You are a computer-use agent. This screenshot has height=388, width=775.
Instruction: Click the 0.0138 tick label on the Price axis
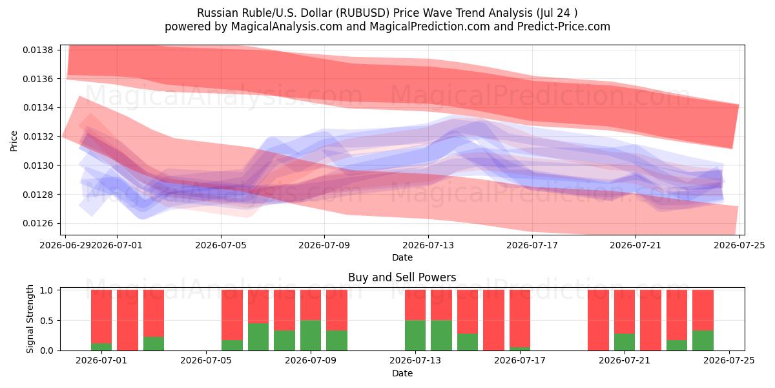coord(38,50)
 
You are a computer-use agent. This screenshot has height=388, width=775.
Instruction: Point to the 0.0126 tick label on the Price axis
coord(38,224)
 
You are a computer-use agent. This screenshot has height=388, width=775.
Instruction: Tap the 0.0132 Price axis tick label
coord(38,136)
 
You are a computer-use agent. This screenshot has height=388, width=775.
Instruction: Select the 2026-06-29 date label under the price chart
coord(65,245)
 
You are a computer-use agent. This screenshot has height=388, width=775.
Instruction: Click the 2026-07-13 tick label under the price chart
coord(428,245)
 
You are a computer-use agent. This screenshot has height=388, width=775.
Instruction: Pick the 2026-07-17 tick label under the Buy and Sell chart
coord(520,361)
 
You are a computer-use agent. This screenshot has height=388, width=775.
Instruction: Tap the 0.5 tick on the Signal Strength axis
coord(46,321)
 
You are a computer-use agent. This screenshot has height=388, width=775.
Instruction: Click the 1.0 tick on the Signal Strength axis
coord(46,290)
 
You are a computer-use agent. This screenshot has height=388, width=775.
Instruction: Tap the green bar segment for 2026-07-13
coord(415,336)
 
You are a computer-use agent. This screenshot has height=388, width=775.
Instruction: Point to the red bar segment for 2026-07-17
coord(520,318)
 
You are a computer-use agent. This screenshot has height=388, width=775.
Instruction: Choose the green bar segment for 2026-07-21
coord(625,342)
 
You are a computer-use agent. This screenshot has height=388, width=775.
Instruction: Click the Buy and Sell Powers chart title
coord(402,277)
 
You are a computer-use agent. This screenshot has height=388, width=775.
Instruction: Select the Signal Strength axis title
coord(30,319)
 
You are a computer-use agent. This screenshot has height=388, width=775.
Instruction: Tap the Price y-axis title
coord(14,141)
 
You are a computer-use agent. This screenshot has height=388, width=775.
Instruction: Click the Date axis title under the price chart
coord(402,257)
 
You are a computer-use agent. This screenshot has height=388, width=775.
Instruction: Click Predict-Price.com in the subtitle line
coord(564,27)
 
